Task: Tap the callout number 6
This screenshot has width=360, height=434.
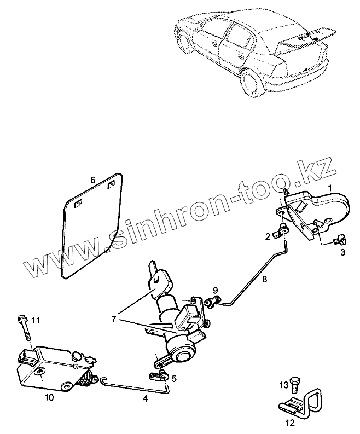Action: click(x=93, y=180)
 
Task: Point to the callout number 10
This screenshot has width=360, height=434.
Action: click(x=49, y=398)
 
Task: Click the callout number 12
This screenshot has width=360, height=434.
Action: click(x=289, y=422)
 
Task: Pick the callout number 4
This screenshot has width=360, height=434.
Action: click(x=146, y=398)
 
